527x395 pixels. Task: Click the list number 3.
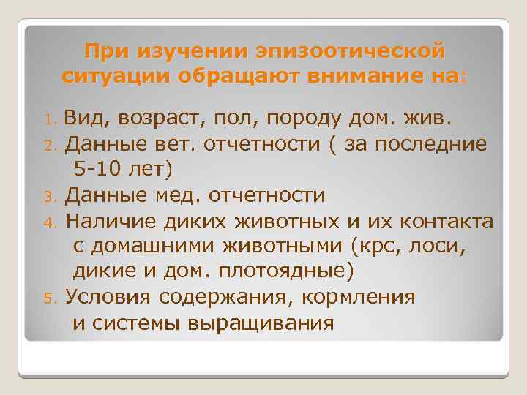coord(51,197)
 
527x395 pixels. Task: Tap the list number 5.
coord(51,298)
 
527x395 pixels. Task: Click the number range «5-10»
coord(99,169)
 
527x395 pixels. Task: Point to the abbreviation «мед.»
coord(181,195)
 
